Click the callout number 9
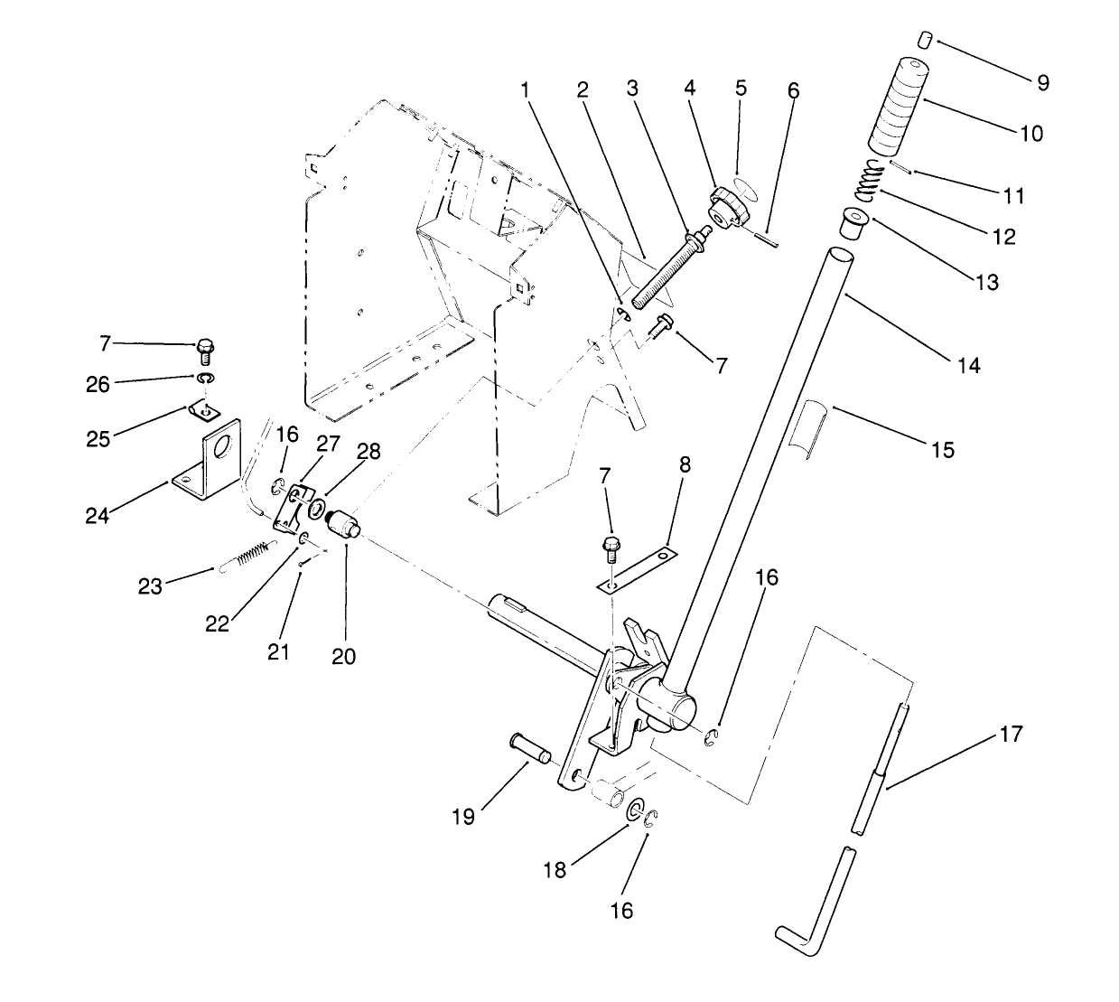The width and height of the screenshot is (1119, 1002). point(1043,82)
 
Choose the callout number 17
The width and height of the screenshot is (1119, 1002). point(1012,734)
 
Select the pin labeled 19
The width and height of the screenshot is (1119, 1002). point(530,747)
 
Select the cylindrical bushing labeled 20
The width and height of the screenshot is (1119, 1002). point(345,524)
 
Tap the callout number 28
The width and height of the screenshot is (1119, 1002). point(343,452)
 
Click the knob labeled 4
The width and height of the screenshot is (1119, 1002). point(728,207)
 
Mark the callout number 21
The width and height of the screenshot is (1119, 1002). point(278,651)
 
